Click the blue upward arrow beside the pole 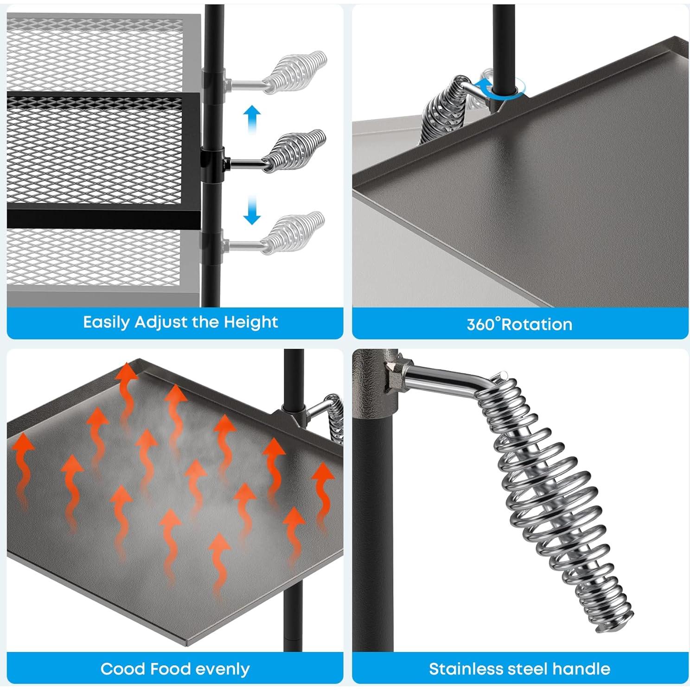(252, 119)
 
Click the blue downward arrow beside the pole (252, 211)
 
